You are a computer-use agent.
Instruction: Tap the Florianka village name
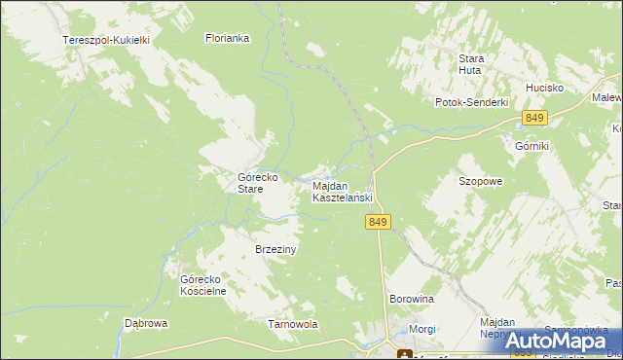point(228,39)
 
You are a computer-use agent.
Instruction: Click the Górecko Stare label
point(259,183)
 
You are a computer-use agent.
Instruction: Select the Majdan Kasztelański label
point(342,192)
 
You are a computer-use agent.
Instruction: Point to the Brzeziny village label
point(275,249)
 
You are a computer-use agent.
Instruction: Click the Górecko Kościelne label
point(203,285)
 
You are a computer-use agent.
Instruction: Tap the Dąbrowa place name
point(147,323)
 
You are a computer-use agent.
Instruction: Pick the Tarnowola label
point(293,324)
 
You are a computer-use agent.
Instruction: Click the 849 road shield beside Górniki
point(533,118)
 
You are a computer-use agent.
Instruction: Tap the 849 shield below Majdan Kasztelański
point(380,223)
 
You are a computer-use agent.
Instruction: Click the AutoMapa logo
point(558,341)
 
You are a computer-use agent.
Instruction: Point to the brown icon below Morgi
point(403,353)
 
